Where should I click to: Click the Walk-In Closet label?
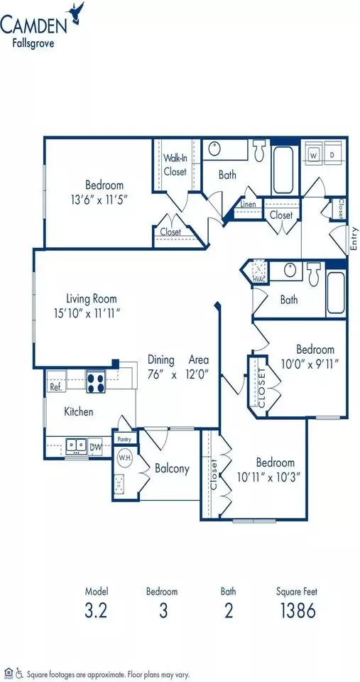point(175,165)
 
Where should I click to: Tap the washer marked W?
point(314,154)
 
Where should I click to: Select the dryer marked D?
point(332,154)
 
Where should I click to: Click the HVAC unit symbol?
point(260,271)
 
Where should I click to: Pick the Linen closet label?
point(249,204)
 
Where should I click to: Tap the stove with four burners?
point(96,382)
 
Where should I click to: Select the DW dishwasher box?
point(95,446)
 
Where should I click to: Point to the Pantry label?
point(125,439)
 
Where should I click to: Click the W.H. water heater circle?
point(125,458)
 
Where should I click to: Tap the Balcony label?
point(172,468)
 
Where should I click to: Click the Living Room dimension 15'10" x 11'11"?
point(87,313)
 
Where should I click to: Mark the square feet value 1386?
point(297,611)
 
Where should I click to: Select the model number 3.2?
point(96,611)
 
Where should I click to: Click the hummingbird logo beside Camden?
point(77,12)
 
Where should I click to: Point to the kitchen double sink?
point(76,445)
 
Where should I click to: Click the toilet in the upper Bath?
point(260,150)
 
